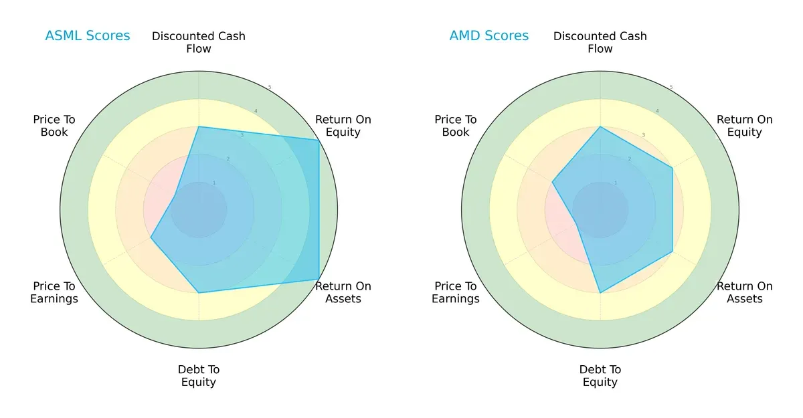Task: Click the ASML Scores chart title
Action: pos(88,35)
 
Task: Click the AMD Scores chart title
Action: pos(488,35)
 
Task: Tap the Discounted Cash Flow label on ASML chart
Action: pos(199,42)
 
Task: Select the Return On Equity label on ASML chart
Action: pos(343,126)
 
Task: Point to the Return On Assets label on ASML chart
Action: pos(343,292)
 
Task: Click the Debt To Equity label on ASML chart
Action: pos(199,376)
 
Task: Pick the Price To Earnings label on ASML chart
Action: pos(54,292)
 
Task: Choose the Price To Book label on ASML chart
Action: pos(54,126)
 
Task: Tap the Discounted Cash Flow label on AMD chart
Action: pos(600,42)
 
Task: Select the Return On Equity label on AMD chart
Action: pos(744,126)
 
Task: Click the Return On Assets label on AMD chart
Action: pos(744,292)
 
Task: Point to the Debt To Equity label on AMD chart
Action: pos(600,376)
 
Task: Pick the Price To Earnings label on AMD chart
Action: pos(456,292)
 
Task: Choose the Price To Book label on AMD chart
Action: pos(456,126)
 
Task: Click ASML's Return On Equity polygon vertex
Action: pos(319,140)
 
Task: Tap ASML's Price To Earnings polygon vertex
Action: pos(151,237)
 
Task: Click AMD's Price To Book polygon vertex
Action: pos(552,182)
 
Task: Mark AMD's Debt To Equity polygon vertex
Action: pos(600,292)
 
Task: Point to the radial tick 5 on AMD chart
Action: pos(671,87)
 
